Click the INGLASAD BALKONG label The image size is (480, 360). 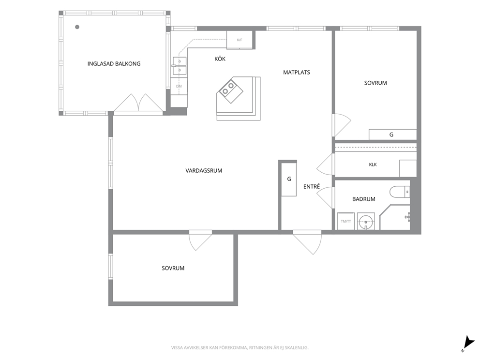point(114,64)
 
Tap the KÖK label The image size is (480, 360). point(220,59)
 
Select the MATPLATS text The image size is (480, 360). point(296,72)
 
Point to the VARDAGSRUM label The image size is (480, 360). point(204,170)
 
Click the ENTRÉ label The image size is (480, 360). point(312,186)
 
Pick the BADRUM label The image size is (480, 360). point(364,199)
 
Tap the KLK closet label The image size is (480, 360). point(373,165)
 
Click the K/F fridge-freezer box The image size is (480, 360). point(240,40)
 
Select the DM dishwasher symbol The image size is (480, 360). point(179,86)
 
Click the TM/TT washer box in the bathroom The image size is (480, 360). point(346,221)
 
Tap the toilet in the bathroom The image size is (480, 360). point(400,192)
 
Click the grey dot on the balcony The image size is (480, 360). point(77,27)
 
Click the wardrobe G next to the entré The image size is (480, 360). point(289,179)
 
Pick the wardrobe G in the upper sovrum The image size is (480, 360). point(392,135)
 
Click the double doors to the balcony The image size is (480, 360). point(138,103)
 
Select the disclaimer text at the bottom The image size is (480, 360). point(240,348)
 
